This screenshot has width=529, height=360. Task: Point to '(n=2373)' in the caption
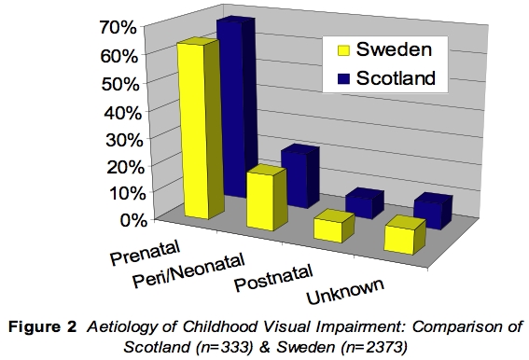(x=371, y=343)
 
